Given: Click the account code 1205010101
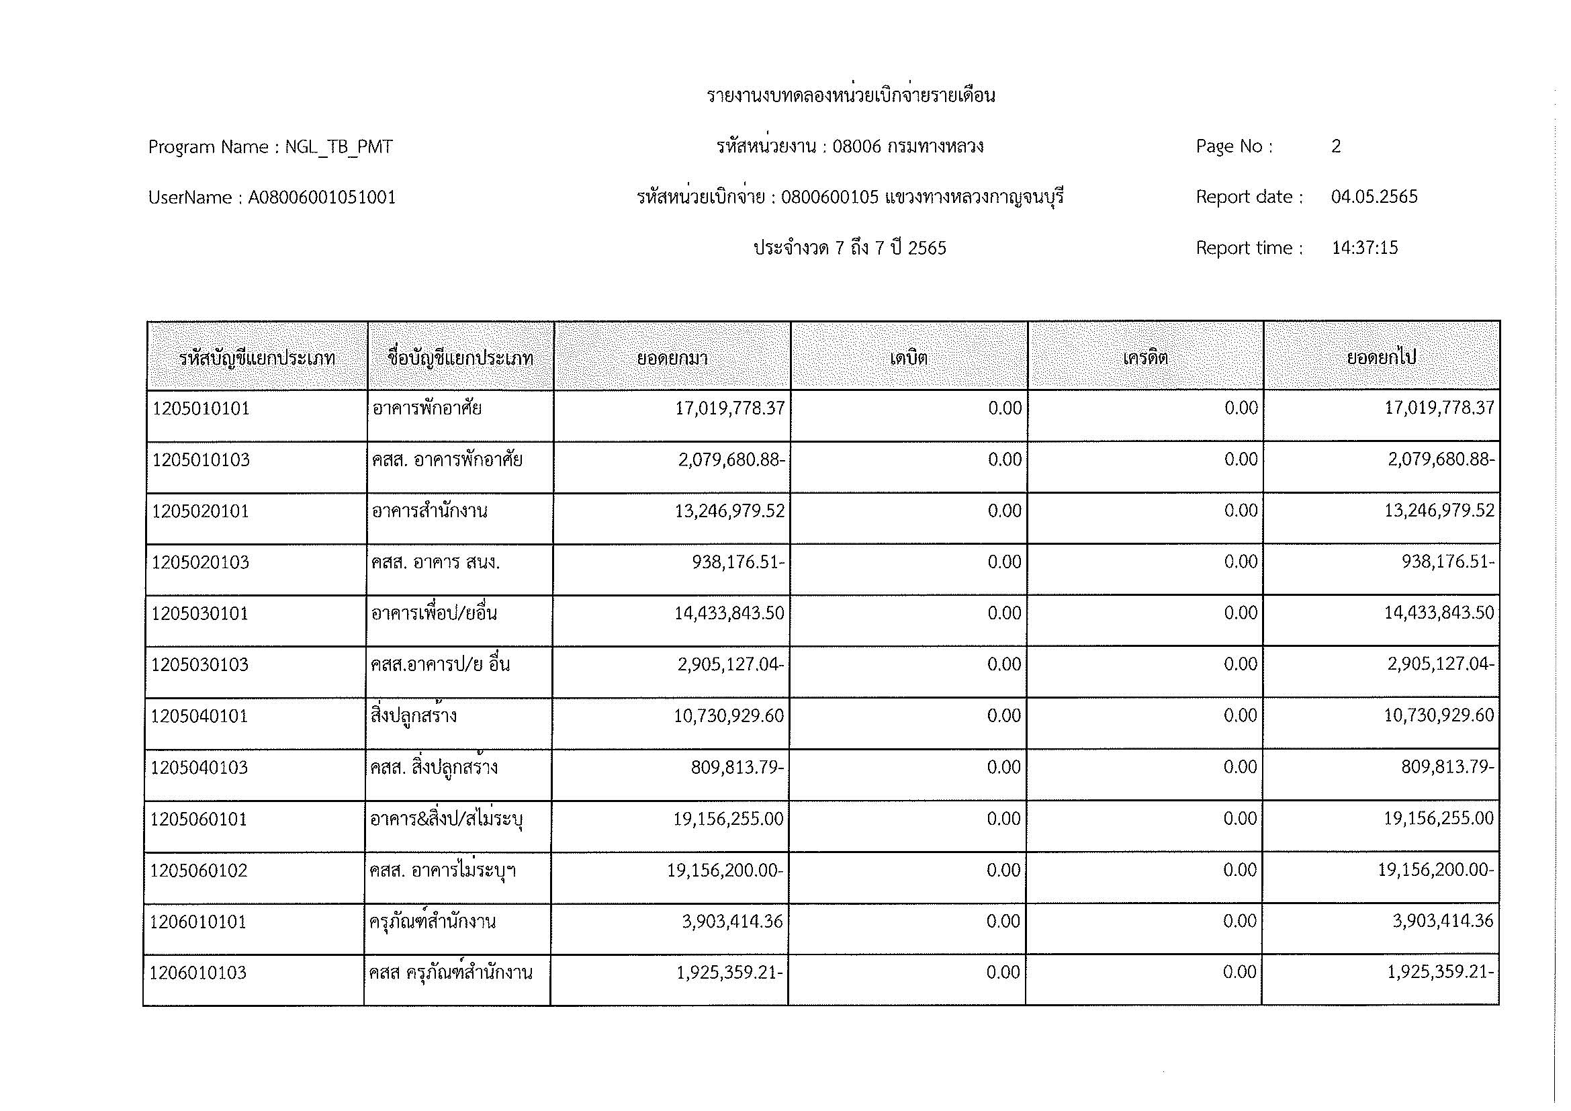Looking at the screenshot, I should point(201,409).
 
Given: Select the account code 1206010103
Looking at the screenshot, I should point(197,973).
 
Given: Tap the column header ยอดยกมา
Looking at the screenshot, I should point(672,358).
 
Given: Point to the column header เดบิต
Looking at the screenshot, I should point(909,358).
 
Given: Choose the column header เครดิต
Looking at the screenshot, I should point(1144,358).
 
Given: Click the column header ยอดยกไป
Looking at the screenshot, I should point(1381,358).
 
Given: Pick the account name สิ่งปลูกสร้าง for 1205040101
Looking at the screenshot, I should point(414,716).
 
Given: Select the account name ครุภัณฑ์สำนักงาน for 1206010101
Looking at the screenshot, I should point(433,922).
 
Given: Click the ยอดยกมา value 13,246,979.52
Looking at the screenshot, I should point(730,511).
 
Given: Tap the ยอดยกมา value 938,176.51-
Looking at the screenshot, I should point(738,562).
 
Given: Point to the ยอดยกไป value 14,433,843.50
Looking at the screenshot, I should point(1439,613).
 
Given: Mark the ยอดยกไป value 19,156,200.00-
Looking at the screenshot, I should point(1435,870).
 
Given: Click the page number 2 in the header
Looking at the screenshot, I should point(1336,146).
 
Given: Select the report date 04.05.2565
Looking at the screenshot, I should point(1374,197).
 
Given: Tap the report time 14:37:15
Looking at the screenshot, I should point(1364,248).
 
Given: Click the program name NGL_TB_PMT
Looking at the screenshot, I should point(339,147).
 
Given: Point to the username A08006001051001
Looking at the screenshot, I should point(322,197).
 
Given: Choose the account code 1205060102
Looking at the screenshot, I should point(198,871).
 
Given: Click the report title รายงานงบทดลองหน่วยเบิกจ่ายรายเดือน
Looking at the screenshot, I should point(850,96).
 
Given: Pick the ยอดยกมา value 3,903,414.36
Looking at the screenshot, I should point(732,922).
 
